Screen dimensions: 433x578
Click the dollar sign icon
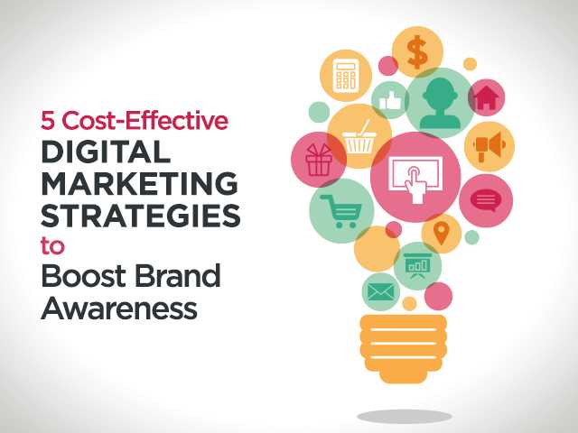pyautogui.click(x=417, y=51)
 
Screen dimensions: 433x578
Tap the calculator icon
pyautogui.click(x=345, y=75)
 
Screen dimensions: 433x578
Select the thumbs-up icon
pyautogui.click(x=390, y=97)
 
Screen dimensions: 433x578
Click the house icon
pyautogui.click(x=486, y=97)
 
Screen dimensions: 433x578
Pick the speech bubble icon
pyautogui.click(x=486, y=200)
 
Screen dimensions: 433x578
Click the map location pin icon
pyautogui.click(x=441, y=233)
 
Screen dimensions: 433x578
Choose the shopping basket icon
pyautogui.click(x=359, y=137)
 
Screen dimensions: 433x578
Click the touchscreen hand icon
pyautogui.click(x=415, y=177)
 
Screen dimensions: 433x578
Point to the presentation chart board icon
pyautogui.click(x=417, y=263)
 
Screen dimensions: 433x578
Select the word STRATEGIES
pyautogui.click(x=140, y=216)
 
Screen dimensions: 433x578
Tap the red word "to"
pyautogui.click(x=53, y=246)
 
